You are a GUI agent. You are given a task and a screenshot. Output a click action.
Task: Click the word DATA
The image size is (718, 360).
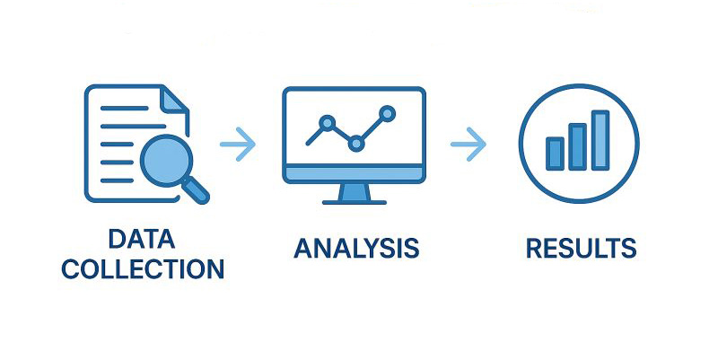pyautogui.click(x=142, y=239)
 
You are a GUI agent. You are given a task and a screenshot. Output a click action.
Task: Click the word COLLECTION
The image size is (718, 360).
pyautogui.click(x=143, y=268)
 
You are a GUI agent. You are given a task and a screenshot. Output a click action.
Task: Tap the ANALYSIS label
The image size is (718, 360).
pyautogui.click(x=356, y=248)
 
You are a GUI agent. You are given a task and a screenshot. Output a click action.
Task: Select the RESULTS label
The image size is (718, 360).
pyautogui.click(x=581, y=248)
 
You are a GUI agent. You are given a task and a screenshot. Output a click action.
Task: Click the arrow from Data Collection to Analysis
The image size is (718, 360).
pyautogui.click(x=238, y=145)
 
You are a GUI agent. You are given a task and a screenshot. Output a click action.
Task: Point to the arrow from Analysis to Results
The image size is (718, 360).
pyautogui.click(x=468, y=145)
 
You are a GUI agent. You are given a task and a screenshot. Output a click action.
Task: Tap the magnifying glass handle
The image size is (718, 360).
pyautogui.click(x=196, y=190)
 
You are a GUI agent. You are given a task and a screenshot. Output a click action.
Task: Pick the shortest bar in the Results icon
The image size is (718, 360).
pyautogui.click(x=555, y=154)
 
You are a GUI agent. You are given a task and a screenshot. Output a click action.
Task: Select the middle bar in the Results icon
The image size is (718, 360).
pyautogui.click(x=577, y=146)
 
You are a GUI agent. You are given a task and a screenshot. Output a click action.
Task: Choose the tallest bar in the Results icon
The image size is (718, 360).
pyautogui.click(x=600, y=140)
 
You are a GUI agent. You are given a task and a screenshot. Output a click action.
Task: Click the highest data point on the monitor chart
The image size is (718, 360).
pyautogui.click(x=388, y=113)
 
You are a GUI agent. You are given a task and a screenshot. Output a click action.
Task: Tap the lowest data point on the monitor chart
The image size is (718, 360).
pyautogui.click(x=356, y=144)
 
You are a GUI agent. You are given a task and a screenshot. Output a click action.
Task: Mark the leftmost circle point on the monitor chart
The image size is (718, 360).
pyautogui.click(x=327, y=123)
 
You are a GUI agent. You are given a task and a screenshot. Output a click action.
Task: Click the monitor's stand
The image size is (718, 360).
pyautogui.click(x=355, y=192)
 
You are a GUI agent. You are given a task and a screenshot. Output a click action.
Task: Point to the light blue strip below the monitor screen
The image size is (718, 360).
pyautogui.click(x=355, y=173)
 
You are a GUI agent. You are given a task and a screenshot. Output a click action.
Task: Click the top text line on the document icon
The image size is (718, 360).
pyautogui.click(x=124, y=108)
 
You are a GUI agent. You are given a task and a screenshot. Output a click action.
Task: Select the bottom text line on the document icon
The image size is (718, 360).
pyautogui.click(x=117, y=180)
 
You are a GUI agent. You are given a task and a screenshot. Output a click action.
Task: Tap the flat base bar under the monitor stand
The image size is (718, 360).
pyautogui.click(x=355, y=202)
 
